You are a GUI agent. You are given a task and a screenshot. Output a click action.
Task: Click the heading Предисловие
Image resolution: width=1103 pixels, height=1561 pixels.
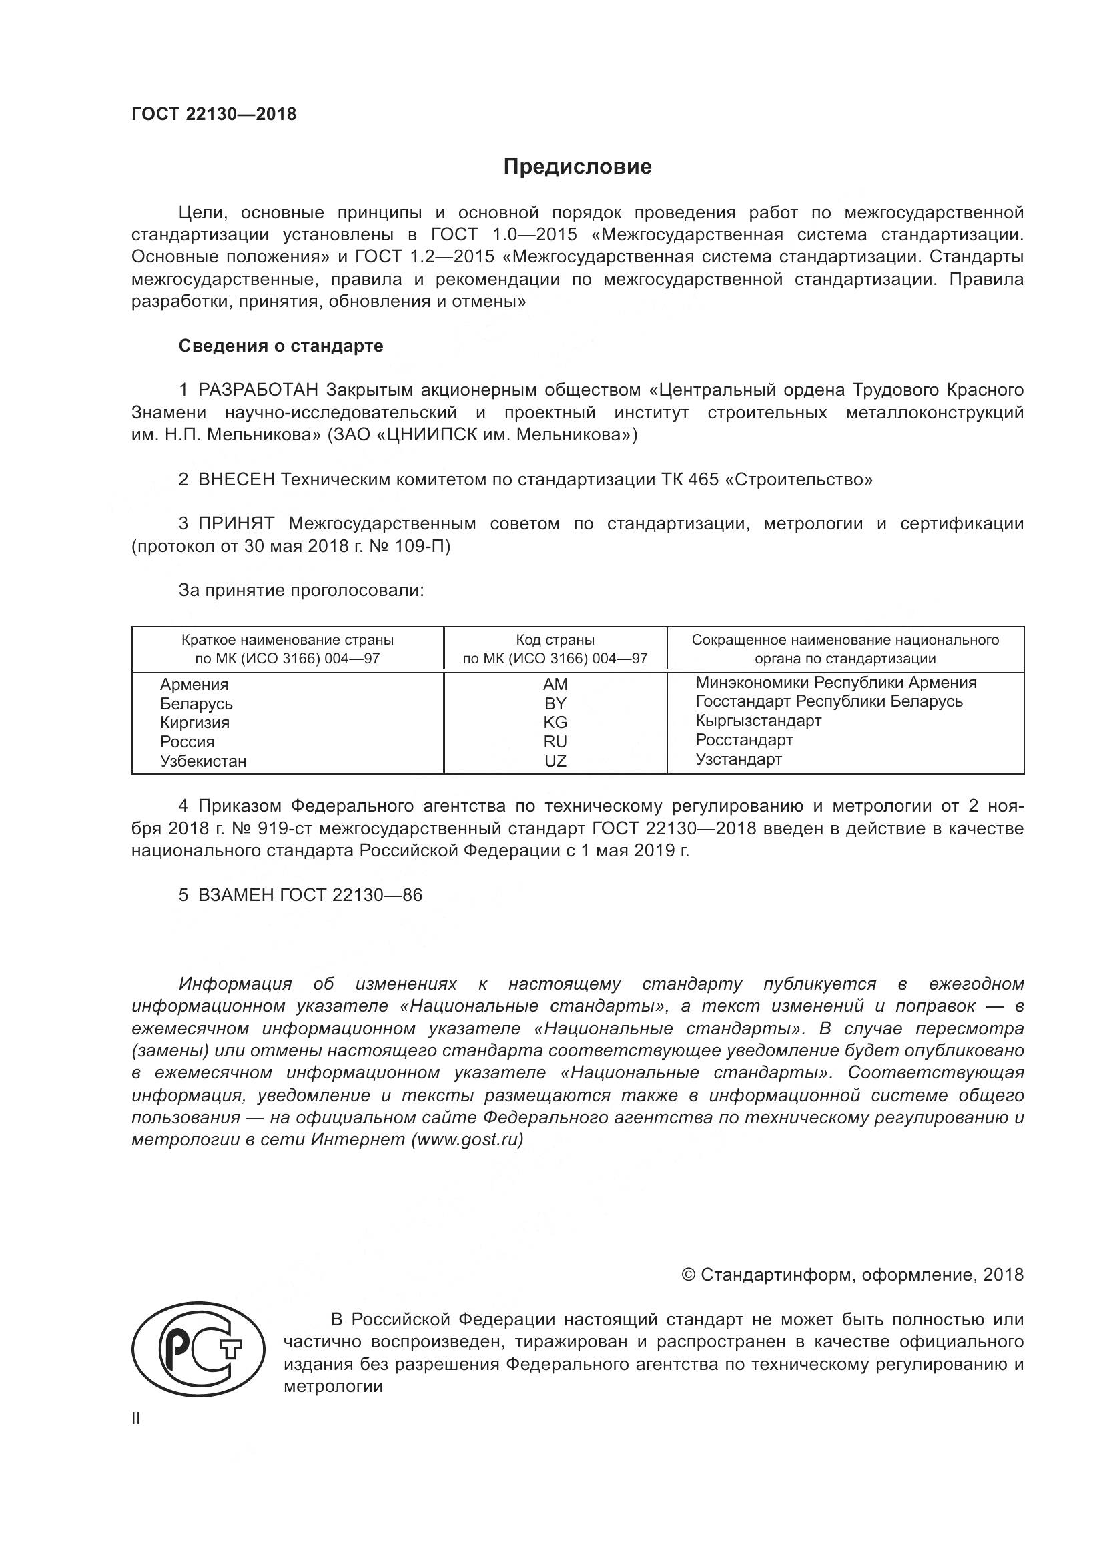577,167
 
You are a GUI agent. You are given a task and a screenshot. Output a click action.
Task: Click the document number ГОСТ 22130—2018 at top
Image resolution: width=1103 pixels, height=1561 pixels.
214,114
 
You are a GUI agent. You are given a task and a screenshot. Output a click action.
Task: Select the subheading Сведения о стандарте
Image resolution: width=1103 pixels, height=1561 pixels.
281,346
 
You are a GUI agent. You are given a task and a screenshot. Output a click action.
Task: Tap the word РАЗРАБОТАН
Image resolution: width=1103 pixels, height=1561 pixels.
258,390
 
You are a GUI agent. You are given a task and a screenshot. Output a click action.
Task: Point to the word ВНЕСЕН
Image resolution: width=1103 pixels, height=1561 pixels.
236,479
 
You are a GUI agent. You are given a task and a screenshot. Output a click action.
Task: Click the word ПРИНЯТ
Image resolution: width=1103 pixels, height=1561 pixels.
236,523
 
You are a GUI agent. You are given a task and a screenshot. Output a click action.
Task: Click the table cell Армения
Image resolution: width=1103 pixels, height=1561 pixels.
194,685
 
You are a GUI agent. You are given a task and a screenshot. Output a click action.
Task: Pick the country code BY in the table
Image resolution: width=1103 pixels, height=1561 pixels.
555,703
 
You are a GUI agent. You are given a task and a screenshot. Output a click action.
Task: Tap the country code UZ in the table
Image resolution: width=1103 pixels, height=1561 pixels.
555,761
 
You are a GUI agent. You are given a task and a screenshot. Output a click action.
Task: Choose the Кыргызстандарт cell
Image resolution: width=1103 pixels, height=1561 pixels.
759,721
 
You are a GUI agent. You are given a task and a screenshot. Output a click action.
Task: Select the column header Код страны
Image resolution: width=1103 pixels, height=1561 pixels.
555,640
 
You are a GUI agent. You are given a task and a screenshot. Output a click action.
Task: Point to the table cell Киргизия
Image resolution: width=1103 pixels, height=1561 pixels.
194,723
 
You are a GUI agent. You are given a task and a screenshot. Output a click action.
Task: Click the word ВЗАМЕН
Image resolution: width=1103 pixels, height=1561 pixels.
236,895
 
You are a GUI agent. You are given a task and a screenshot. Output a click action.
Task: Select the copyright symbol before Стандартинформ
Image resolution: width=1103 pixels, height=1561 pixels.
688,1275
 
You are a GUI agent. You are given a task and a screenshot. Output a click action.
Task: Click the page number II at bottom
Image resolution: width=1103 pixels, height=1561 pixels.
136,1418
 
